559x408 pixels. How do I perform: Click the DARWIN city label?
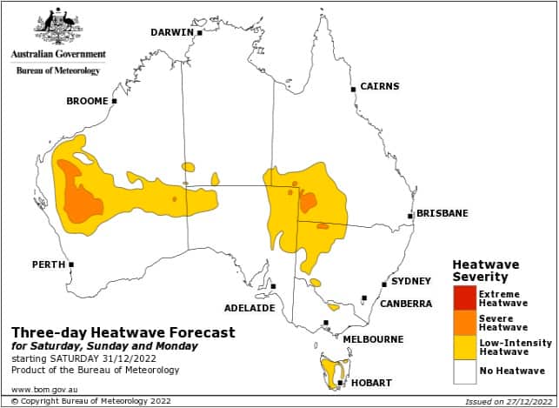click(x=171, y=32)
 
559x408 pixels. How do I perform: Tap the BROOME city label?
click(x=87, y=101)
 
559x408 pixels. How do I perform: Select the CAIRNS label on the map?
click(x=379, y=86)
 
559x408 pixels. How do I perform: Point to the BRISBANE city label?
click(x=442, y=213)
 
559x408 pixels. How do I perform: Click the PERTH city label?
click(x=49, y=264)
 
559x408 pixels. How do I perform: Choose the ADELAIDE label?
click(x=250, y=308)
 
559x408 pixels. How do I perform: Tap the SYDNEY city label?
click(x=410, y=281)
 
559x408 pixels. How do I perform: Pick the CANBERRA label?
click(x=405, y=304)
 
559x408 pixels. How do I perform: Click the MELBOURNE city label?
click(x=373, y=338)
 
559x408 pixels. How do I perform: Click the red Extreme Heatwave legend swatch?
click(x=464, y=298)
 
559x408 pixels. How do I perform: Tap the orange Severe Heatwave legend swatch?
click(x=464, y=322)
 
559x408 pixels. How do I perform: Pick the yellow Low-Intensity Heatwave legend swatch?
click(x=464, y=347)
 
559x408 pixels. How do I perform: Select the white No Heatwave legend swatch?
click(x=464, y=371)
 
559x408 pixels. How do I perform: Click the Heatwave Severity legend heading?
click(x=485, y=270)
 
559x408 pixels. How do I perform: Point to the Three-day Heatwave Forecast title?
click(x=123, y=332)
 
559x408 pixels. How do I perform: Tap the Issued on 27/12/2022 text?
click(x=502, y=402)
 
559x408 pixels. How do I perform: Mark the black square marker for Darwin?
click(x=199, y=33)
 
